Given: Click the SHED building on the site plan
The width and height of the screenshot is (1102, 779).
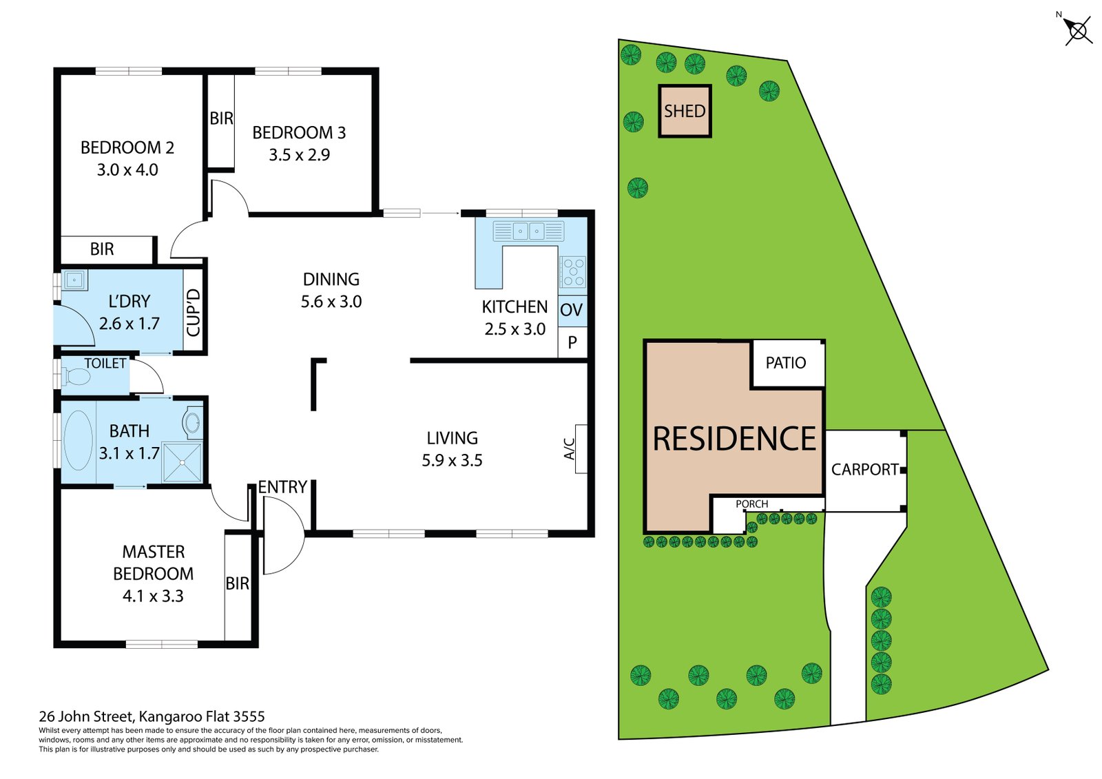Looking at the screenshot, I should click(684, 111).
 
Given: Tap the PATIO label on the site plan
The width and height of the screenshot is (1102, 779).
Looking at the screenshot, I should click(785, 363).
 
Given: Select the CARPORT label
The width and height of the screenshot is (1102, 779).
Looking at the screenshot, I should click(864, 470).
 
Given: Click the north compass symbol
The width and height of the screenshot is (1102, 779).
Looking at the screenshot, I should click(1078, 31).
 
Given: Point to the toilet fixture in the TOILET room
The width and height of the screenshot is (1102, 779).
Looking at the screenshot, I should click(76, 377).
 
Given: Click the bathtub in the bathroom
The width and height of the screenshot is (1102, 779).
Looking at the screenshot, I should click(78, 441).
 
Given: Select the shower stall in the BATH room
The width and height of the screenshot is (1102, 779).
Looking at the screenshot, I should click(182, 463).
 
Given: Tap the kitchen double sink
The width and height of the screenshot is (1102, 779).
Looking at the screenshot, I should click(528, 231).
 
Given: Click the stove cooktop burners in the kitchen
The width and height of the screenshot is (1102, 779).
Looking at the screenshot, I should click(573, 271).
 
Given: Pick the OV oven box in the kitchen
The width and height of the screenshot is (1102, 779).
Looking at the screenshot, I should click(572, 310).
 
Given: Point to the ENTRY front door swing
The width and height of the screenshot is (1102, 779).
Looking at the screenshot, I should click(282, 534).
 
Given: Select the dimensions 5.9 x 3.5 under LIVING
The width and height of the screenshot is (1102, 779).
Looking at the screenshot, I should click(452, 461).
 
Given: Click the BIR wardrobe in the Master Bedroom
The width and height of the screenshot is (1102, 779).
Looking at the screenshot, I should click(238, 584).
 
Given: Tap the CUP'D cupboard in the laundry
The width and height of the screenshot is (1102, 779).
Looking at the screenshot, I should click(194, 312).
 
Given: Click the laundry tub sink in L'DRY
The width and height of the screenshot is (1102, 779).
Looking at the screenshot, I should click(74, 280).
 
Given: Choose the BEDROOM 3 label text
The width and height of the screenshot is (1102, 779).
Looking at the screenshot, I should click(299, 133).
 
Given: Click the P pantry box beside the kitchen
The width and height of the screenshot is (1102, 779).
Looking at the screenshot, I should click(572, 342).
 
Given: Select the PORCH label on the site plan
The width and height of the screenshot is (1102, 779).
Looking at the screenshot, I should click(751, 504).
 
